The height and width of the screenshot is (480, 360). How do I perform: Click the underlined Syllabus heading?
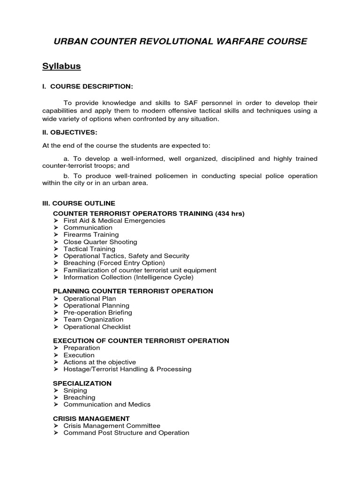[61, 66]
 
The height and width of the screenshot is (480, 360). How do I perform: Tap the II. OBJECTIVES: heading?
[70, 133]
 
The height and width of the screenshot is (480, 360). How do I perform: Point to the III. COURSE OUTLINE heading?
[79, 203]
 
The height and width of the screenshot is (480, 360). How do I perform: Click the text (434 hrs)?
[230, 213]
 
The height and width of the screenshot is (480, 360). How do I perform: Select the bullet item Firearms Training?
[91, 234]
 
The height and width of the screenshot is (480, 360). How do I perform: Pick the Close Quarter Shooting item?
[100, 242]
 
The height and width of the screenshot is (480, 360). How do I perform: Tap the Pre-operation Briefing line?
[97, 313]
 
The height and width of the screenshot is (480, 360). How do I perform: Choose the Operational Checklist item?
[97, 327]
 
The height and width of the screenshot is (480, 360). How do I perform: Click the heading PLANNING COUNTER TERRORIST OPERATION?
[133, 291]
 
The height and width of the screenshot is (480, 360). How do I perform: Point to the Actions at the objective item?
[99, 362]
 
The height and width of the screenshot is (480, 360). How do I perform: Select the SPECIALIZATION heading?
[82, 383]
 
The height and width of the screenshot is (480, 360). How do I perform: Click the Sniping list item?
[75, 390]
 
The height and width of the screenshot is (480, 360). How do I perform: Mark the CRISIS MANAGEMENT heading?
[91, 419]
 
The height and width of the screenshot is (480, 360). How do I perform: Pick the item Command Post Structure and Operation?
[126, 433]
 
